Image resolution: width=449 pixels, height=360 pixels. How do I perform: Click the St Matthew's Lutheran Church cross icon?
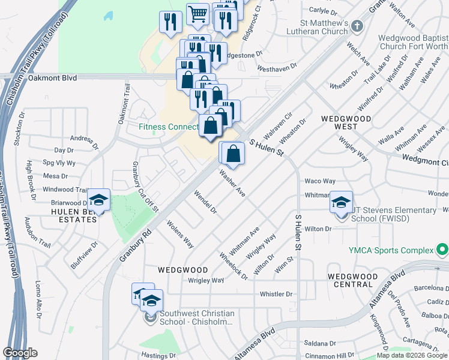coord(357,26)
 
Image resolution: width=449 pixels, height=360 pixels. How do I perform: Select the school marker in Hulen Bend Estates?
coord(99,201)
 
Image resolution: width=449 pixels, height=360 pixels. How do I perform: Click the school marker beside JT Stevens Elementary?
coord(341,203)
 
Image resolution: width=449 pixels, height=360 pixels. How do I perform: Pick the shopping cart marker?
coord(197,13)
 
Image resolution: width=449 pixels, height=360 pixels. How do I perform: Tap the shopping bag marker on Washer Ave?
coord(233,154)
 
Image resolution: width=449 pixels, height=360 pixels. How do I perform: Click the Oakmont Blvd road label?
coord(53,77)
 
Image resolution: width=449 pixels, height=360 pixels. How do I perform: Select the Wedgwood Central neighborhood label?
coord(353,281)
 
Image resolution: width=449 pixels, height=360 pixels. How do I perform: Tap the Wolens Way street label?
coord(180,235)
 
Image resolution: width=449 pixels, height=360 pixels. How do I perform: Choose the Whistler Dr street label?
coord(276,294)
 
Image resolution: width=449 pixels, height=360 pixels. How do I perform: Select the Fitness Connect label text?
coord(168,127)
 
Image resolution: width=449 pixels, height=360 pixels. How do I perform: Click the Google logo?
coord(20,353)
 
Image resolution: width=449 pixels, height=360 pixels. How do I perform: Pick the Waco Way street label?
coord(320,181)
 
